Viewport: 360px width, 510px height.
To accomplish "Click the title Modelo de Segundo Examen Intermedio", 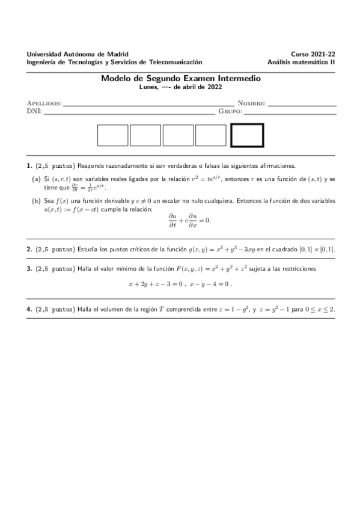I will click(x=181, y=78).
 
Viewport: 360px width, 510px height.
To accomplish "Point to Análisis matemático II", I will click(x=302, y=61).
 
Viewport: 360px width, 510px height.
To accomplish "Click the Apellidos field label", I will click(x=44, y=103).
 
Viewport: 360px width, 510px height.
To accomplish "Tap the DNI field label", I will click(x=34, y=111).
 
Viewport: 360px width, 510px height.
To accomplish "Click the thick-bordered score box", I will click(x=248, y=135).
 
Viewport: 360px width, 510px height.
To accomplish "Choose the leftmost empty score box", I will click(x=113, y=135).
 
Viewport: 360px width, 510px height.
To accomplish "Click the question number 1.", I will click(x=29, y=165).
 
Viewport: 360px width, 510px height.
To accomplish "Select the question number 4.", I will click(x=29, y=309).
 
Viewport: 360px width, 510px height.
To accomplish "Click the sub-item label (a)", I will click(x=36, y=179).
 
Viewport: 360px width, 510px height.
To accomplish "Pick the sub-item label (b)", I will click(x=36, y=201).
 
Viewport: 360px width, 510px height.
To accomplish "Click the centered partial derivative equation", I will click(x=190, y=221).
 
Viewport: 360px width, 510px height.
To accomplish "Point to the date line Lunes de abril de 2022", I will click(x=181, y=87).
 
